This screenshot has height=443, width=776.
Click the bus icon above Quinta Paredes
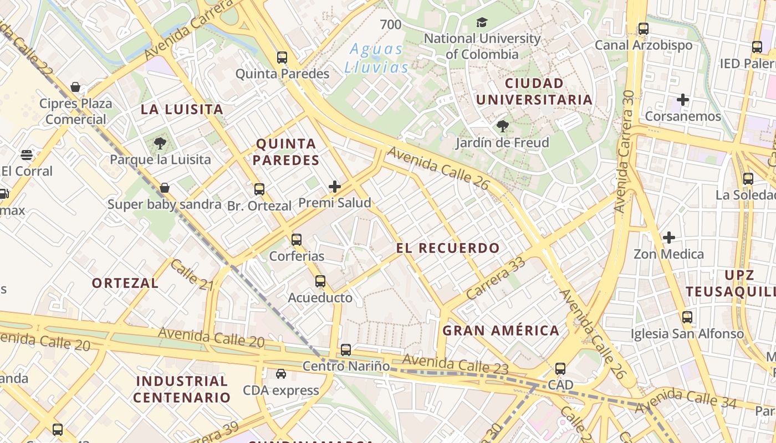coord(282,57)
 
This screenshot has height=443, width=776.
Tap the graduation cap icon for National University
coord(482,23)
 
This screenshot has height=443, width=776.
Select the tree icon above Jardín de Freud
coord(503,126)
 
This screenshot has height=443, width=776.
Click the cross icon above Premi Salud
coord(335,187)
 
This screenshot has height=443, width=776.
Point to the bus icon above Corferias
coord(297,240)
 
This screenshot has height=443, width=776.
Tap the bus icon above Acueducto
coord(320,281)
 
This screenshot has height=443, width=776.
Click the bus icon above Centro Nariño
coord(346,349)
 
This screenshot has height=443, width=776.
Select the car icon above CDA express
coord(281,374)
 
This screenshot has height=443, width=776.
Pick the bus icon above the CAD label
coord(560,368)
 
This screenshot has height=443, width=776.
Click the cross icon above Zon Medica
coord(669,238)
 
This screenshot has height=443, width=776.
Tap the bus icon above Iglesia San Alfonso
coord(687,317)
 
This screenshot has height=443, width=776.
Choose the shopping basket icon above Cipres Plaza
coord(75,87)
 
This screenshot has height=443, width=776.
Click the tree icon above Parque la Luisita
coord(160,143)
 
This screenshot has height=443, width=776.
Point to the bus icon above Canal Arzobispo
coord(643,29)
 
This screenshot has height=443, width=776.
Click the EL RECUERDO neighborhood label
coord(448,248)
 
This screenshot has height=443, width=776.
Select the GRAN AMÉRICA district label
coord(501,331)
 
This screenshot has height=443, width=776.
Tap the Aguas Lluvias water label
coord(377,58)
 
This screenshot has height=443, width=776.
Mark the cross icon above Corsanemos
coord(683,100)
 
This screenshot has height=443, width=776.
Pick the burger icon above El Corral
coord(27,155)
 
